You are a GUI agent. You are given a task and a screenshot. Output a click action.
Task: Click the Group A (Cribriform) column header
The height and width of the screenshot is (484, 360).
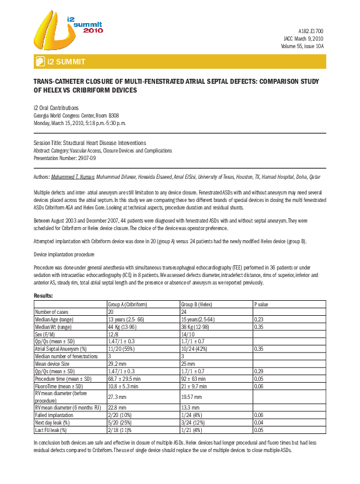click(x=129, y=304)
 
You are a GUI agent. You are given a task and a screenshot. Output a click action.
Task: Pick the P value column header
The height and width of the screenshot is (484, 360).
click(x=262, y=304)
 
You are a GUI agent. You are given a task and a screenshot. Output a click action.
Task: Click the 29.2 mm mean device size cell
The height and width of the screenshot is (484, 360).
click(x=118, y=363)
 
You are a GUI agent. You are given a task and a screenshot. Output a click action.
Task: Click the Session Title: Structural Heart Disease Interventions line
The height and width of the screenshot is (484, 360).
click(x=89, y=143)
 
